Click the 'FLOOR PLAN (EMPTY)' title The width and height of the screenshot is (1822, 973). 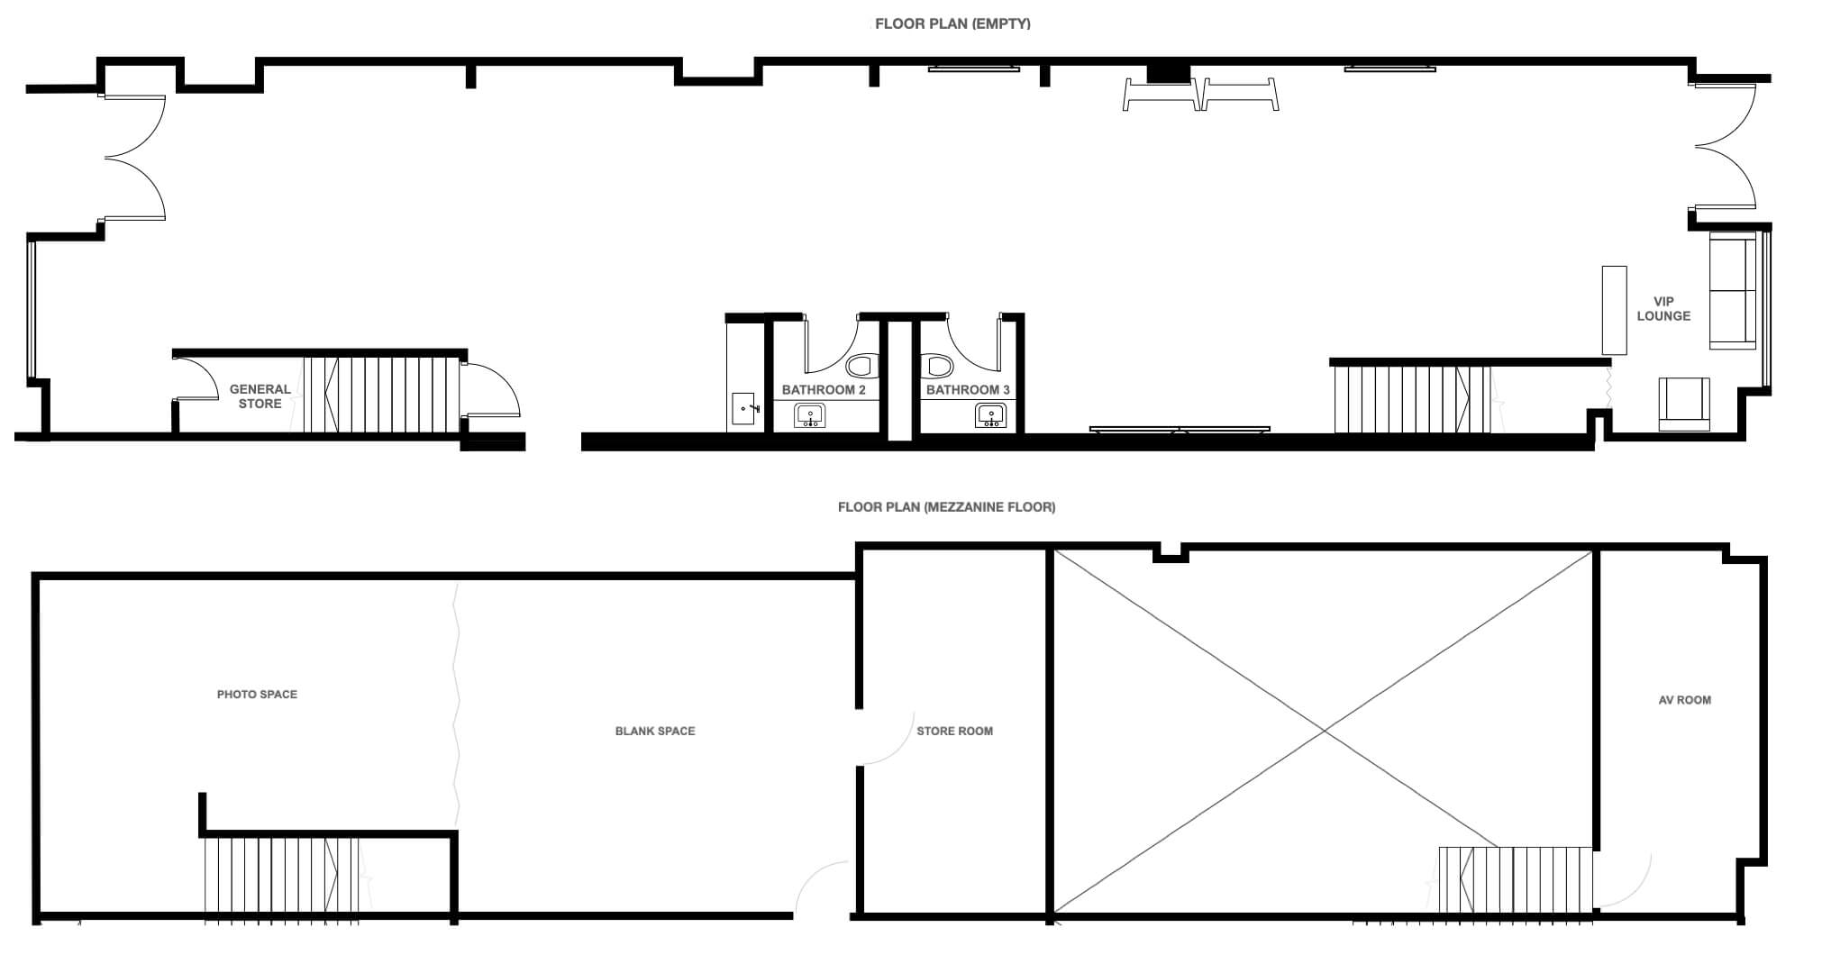coord(952,24)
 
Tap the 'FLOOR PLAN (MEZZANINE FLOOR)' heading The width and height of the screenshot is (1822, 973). coord(946,507)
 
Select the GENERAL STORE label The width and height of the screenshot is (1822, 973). coord(260,396)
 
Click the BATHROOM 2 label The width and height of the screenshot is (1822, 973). coord(824,390)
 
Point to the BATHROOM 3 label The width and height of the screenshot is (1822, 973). coord(968,390)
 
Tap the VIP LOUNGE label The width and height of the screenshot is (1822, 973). coord(1663,309)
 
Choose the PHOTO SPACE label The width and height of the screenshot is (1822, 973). coord(257,695)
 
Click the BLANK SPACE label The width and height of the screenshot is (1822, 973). coord(655,732)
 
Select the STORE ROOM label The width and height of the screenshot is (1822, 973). coord(954,732)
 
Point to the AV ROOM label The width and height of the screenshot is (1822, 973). coord(1684,700)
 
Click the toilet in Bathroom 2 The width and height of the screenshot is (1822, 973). coord(861,366)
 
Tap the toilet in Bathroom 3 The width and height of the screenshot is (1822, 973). coord(938,366)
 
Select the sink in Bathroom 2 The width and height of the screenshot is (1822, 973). coord(809,415)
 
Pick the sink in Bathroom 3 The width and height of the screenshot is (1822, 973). coord(990,415)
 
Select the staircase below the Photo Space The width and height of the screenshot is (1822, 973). coord(281,878)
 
